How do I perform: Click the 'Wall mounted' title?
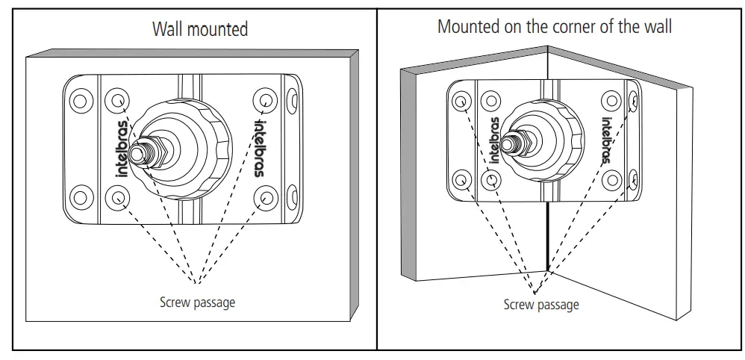pyautogui.click(x=200, y=29)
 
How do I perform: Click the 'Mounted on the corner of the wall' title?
pyautogui.click(x=555, y=27)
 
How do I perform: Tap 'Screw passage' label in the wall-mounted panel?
pyautogui.click(x=197, y=302)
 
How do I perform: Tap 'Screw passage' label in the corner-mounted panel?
pyautogui.click(x=541, y=304)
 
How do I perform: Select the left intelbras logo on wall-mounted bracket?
pyautogui.click(x=120, y=148)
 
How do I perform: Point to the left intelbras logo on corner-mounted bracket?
pyautogui.click(x=495, y=140)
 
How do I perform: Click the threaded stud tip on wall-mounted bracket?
pyautogui.click(x=137, y=152)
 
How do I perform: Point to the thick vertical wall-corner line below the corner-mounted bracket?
pyautogui.click(x=548, y=235)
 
